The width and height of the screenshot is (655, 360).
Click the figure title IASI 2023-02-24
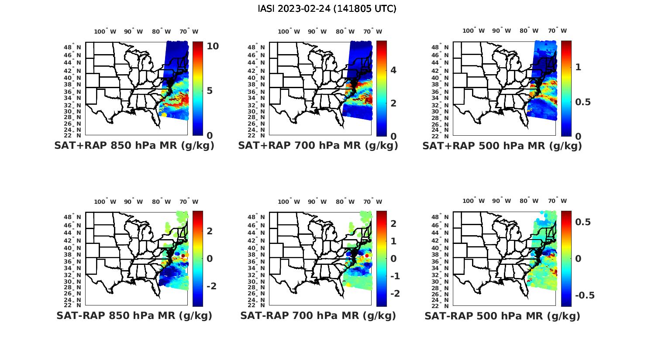pos(327,9)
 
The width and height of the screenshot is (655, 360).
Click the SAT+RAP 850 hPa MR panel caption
pos(134,146)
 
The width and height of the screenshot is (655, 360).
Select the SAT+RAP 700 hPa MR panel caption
pos(318,146)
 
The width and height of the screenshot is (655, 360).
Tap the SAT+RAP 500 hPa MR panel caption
pos(502,146)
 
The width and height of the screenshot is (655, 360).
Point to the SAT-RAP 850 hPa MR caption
pos(134,315)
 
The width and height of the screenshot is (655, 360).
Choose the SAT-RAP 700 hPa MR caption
pos(318,315)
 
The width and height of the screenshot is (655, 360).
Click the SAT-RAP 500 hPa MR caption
pos(502,315)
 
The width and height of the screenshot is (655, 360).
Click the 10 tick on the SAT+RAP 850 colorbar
pos(213,46)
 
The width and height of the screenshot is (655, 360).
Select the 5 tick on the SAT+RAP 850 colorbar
pos(210,91)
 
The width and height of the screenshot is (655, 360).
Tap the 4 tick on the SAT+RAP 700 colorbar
pos(393,70)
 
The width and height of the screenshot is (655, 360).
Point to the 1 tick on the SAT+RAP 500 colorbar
pos(578,67)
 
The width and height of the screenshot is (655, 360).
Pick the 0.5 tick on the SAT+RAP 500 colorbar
pos(583,102)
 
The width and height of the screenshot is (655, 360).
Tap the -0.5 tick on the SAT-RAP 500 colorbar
pos(585,295)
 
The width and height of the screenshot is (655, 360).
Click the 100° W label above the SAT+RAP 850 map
pos(105,31)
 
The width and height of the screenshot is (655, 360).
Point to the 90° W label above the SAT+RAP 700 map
pos(317,31)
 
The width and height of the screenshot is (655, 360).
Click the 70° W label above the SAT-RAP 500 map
pos(557,201)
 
